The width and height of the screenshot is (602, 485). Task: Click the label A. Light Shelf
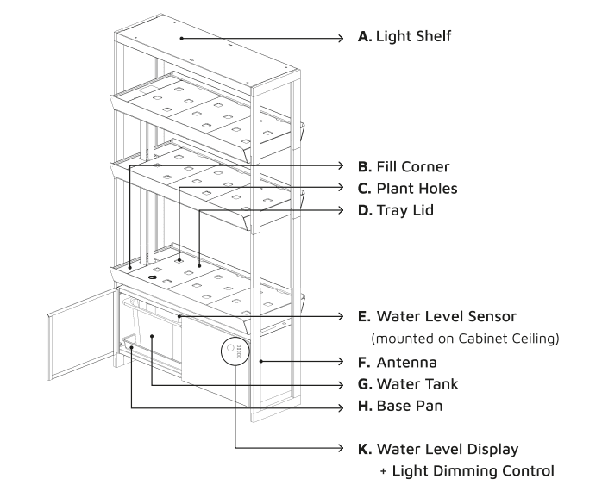(404, 37)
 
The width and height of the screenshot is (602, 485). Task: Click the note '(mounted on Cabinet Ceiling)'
(463, 339)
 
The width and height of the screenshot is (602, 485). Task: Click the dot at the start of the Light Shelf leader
(182, 38)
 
